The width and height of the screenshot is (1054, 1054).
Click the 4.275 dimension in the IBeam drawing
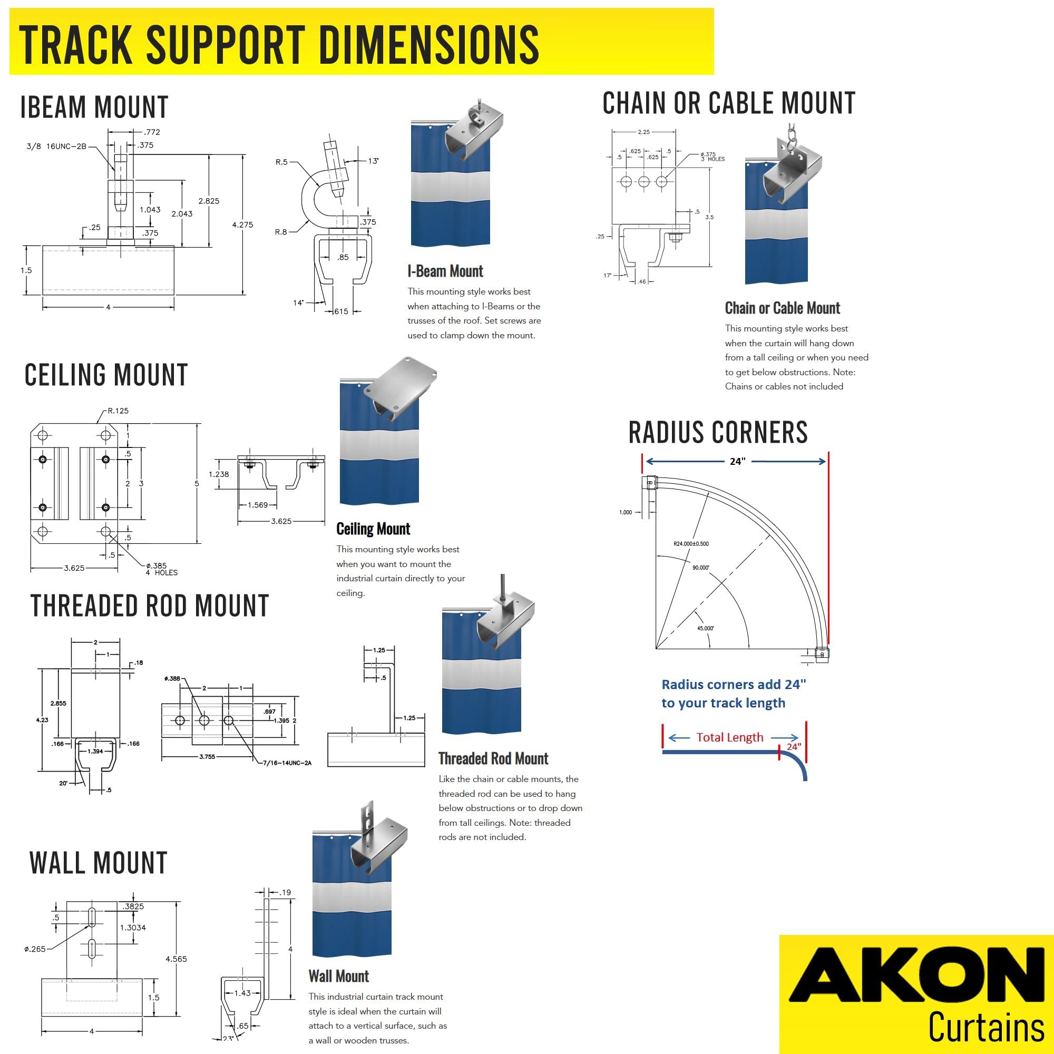pyautogui.click(x=242, y=225)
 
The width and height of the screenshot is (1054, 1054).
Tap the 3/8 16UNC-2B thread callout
pyautogui.click(x=56, y=146)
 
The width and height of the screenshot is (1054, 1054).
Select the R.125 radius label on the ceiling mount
pyautogui.click(x=118, y=411)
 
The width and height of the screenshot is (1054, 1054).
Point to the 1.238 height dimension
pyautogui.click(x=219, y=474)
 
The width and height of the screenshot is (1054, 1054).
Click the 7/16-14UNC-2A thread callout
pyautogui.click(x=287, y=763)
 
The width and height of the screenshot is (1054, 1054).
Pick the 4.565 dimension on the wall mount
pyautogui.click(x=176, y=959)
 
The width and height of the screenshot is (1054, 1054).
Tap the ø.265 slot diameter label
pyautogui.click(x=35, y=949)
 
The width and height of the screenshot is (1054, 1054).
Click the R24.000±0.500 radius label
pyautogui.click(x=691, y=544)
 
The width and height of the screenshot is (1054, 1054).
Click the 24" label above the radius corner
pyautogui.click(x=738, y=462)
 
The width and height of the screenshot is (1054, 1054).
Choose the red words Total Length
pyautogui.click(x=729, y=738)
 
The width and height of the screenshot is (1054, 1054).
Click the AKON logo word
pyautogui.click(x=916, y=981)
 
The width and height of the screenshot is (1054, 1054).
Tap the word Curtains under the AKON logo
pyautogui.click(x=986, y=1027)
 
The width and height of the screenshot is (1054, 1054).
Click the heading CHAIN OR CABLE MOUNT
pyautogui.click(x=728, y=103)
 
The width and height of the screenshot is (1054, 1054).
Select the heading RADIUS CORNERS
pyautogui.click(x=718, y=433)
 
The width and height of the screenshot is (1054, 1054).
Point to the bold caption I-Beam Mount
pyautogui.click(x=445, y=271)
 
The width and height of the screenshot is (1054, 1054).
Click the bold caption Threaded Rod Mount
pyautogui.click(x=493, y=758)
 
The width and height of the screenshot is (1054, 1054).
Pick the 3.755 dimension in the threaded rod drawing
pyautogui.click(x=207, y=757)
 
